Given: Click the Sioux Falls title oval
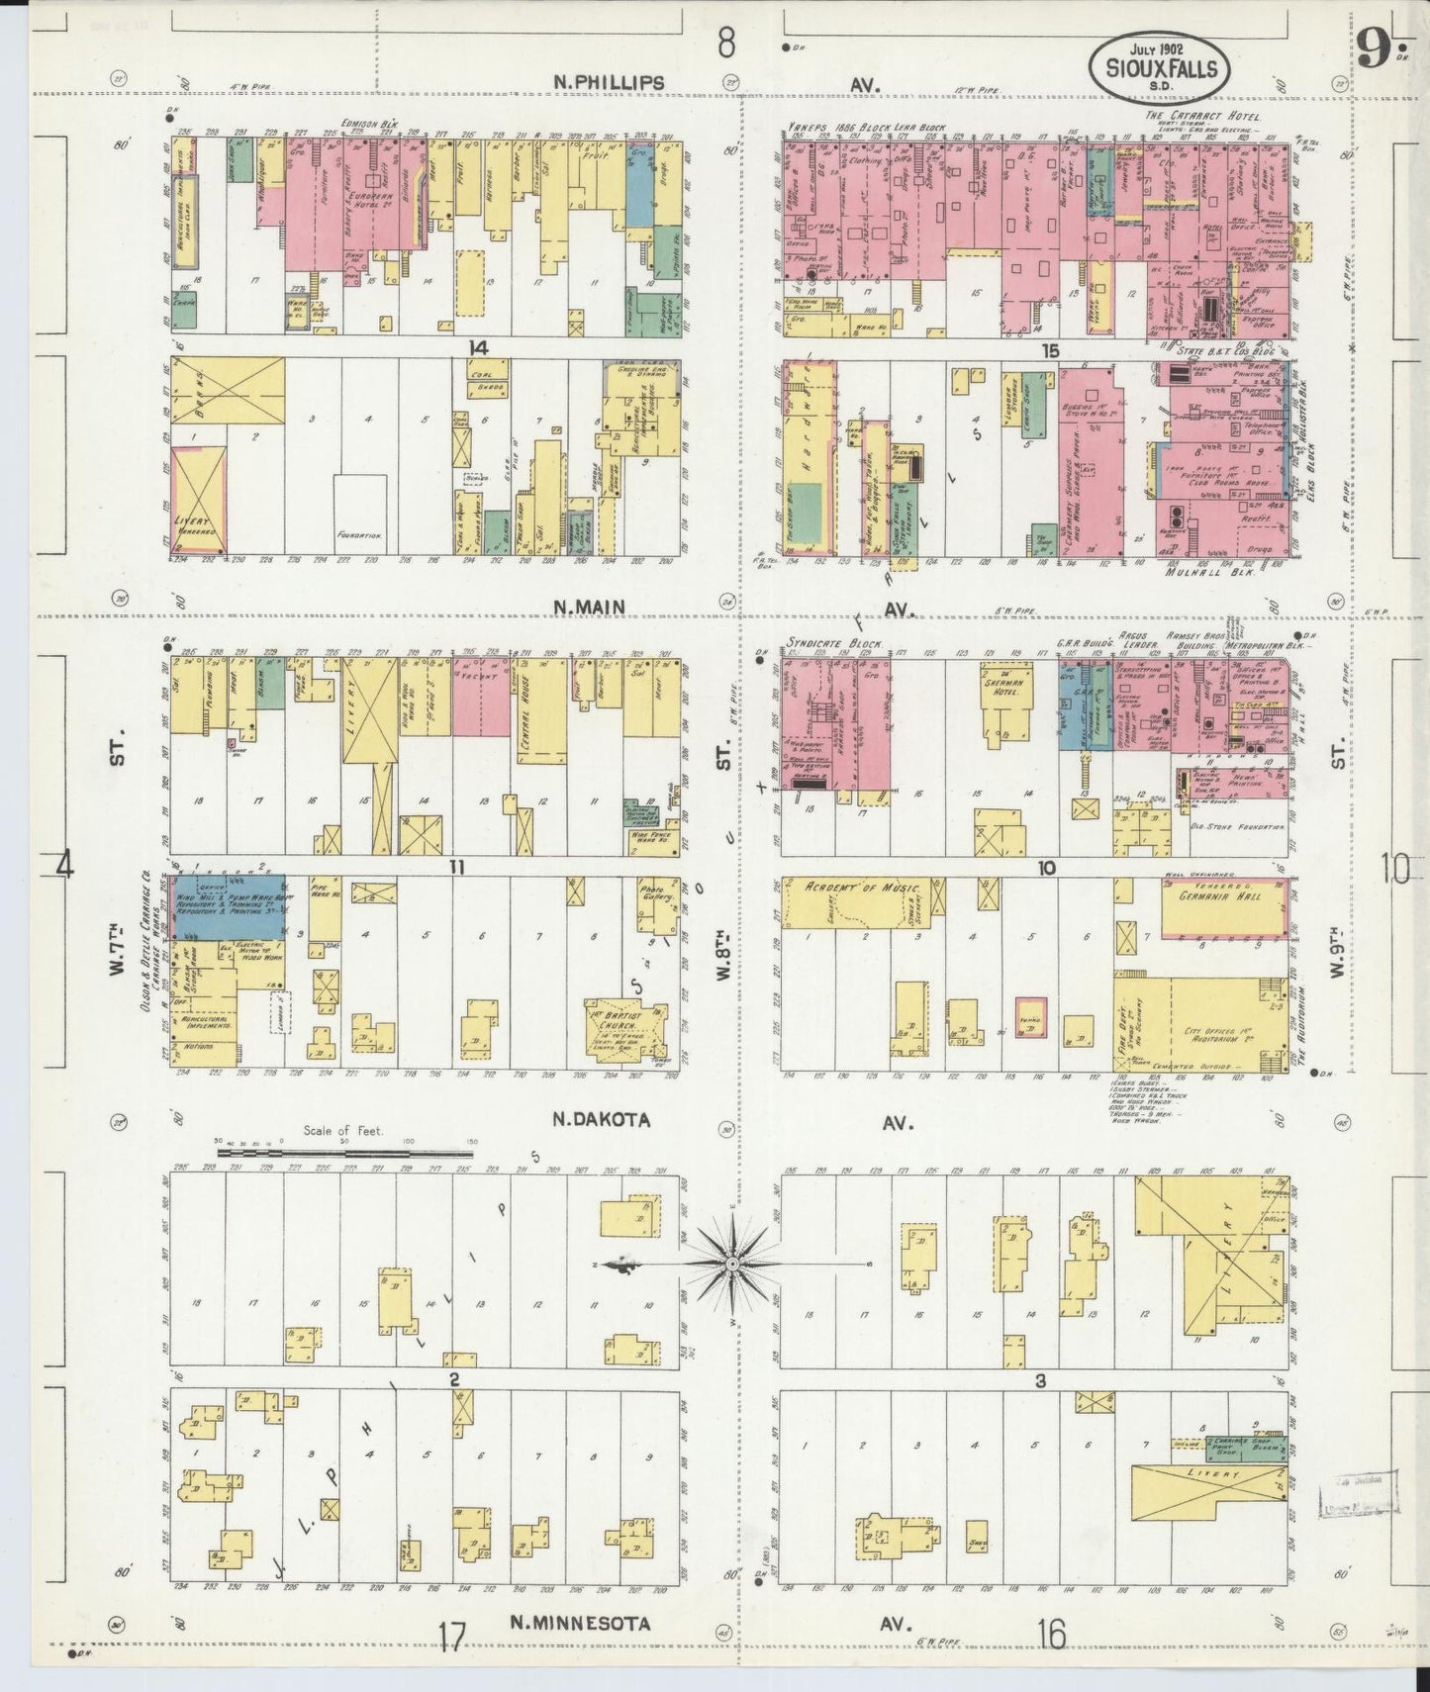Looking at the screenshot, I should pyautogui.click(x=1160, y=67).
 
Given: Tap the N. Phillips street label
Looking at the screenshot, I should pyautogui.click(x=609, y=83).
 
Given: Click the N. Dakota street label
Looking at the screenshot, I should pyautogui.click(x=601, y=1119).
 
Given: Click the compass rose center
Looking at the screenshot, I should pyautogui.click(x=731, y=1265).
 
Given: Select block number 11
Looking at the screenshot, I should pyautogui.click(x=456, y=868).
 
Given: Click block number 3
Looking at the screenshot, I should pyautogui.click(x=1040, y=1381).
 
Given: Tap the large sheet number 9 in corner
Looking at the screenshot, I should pyautogui.click(x=1370, y=47).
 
